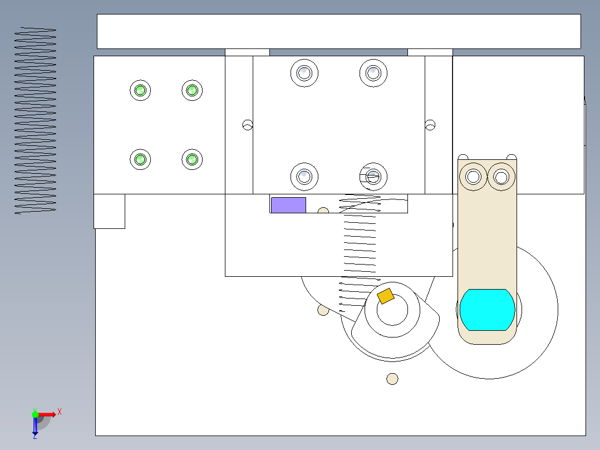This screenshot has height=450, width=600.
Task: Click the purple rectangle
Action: [x=288, y=205]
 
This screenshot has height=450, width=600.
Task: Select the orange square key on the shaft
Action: [x=385, y=296]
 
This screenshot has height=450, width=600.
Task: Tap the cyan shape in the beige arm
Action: [x=487, y=310]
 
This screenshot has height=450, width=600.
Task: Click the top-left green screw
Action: [x=140, y=90]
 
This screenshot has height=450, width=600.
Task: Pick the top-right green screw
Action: [x=192, y=90]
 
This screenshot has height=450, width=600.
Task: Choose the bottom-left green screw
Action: [x=140, y=159]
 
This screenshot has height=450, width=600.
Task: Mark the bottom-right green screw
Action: [x=192, y=159]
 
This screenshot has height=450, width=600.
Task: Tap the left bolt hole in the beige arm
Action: [x=473, y=177]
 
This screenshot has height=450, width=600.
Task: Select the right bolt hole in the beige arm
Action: [x=501, y=177]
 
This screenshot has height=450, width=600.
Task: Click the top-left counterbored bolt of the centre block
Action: [x=304, y=73]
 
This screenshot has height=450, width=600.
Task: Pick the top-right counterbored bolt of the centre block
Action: [x=373, y=73]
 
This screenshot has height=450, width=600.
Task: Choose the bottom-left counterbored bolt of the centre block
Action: [x=304, y=177]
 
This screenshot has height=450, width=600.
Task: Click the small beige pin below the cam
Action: [x=392, y=379]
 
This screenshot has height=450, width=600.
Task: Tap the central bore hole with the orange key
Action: [x=392, y=310]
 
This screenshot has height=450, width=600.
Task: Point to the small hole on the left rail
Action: [x=248, y=125]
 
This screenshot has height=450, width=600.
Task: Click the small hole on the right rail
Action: [x=430, y=125]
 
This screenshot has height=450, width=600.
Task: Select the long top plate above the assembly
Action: [x=339, y=31]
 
